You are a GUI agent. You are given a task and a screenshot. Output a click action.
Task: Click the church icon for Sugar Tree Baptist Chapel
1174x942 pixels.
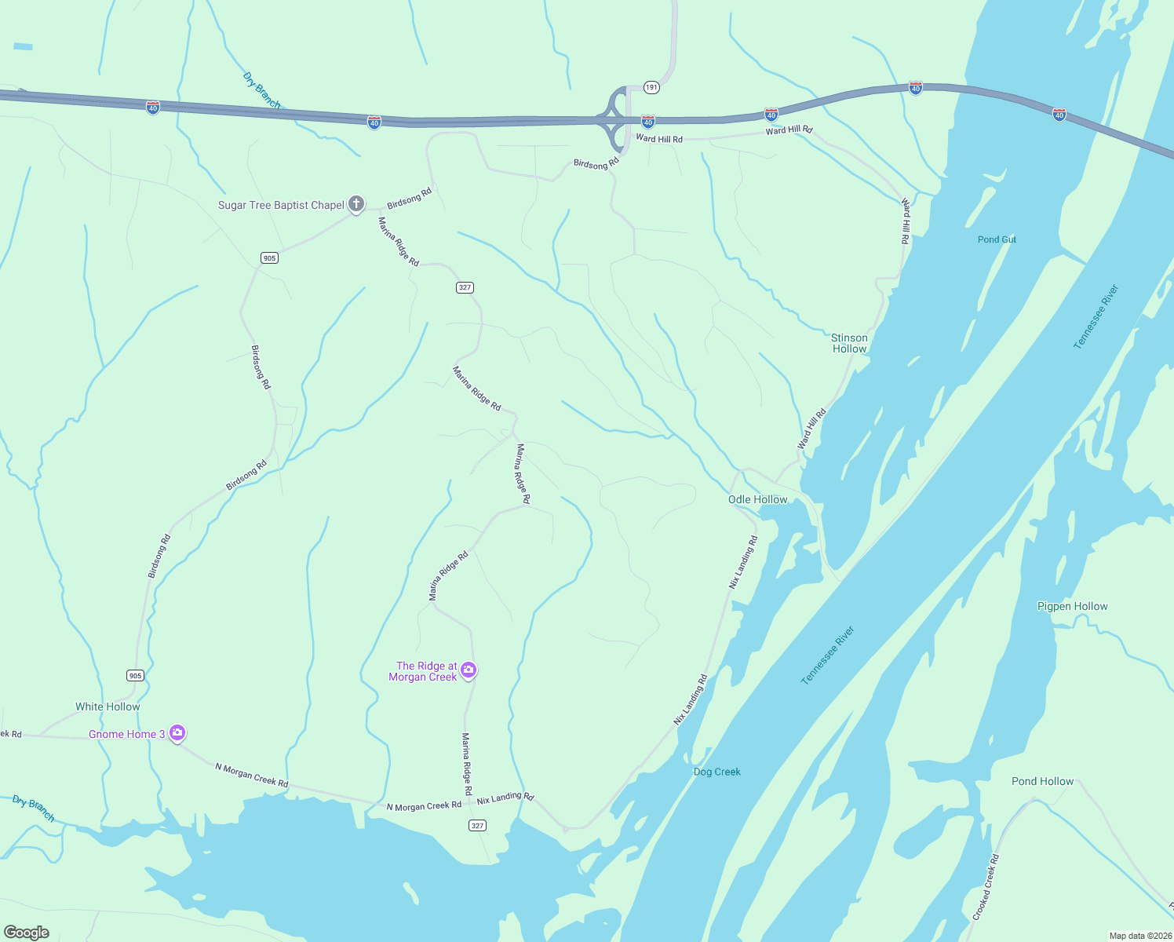pos(356,204)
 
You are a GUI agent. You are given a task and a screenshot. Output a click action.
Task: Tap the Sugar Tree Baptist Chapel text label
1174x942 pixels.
pos(281,206)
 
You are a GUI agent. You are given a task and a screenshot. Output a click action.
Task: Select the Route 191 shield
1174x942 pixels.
pos(651,87)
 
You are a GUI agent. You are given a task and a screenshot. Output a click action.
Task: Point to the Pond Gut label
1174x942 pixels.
pos(997,239)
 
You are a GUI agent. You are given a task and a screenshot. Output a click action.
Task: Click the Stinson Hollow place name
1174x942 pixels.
pos(849,343)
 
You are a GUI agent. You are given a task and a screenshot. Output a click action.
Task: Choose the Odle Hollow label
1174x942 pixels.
pos(757,499)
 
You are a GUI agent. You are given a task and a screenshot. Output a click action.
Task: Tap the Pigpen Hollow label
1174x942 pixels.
pos(1072,606)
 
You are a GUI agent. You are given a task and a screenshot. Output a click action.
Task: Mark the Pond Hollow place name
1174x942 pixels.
pos(1042,781)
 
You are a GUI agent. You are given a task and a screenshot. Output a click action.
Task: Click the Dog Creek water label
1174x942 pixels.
pos(716,772)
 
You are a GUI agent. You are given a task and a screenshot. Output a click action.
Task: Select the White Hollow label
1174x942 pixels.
pos(108,706)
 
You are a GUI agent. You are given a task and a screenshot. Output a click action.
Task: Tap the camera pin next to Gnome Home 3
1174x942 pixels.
pos(177,732)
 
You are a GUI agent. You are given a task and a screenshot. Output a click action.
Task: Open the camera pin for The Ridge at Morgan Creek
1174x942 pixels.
pos(469,670)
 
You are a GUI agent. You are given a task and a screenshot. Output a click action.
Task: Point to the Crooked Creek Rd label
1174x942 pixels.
pos(986,887)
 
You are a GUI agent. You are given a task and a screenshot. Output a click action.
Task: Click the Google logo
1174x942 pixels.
pos(27,933)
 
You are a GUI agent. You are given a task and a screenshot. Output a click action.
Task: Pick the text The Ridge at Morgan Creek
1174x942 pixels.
pos(423,671)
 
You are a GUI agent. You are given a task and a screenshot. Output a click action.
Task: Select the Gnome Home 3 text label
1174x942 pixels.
pos(126,734)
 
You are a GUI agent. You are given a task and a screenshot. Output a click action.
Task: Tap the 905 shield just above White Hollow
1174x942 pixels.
pos(135,676)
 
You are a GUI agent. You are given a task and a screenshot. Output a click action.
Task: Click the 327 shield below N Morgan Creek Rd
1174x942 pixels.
pos(477,825)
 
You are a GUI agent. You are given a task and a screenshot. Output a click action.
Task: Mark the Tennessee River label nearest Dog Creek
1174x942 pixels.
pos(827,655)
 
